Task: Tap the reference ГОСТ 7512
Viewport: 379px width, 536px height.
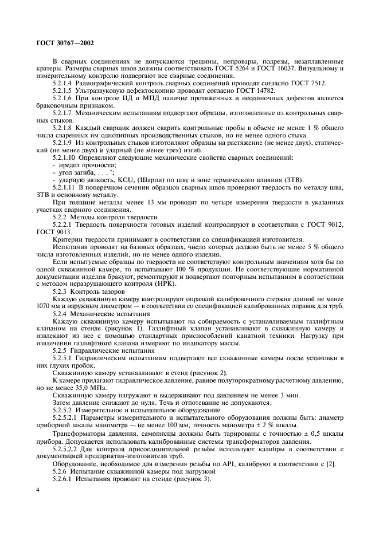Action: coord(310,83)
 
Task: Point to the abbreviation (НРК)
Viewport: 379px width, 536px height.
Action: coord(164,284)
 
